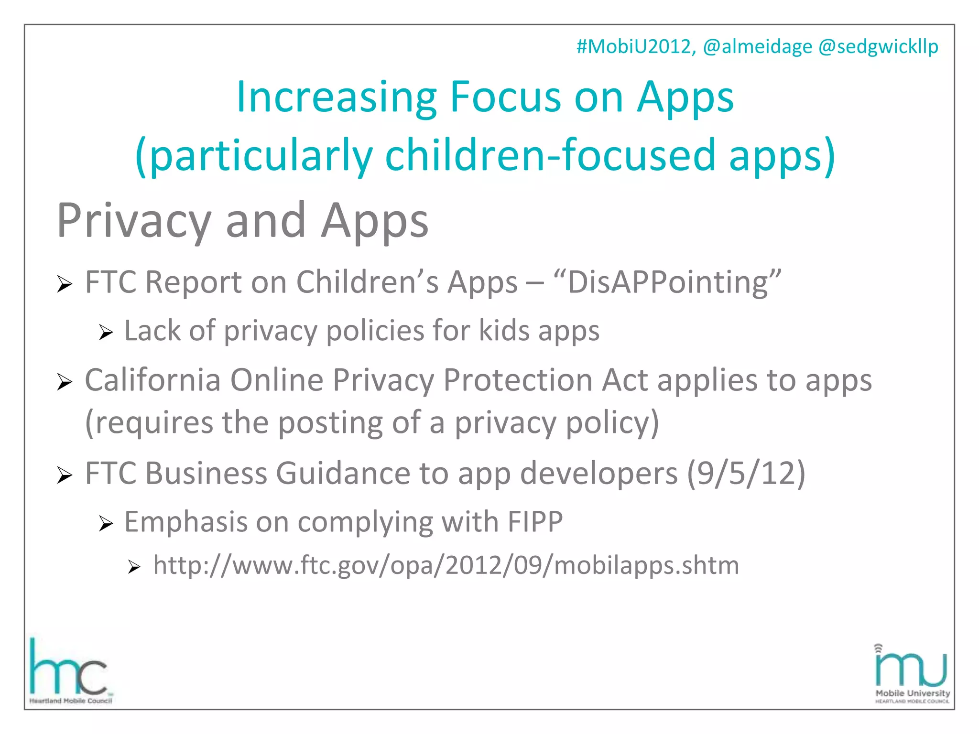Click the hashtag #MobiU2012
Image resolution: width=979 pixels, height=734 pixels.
point(635,47)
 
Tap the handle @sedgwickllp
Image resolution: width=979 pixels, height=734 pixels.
point(878,47)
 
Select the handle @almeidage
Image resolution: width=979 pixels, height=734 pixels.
point(757,47)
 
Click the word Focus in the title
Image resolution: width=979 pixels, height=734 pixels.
point(505,97)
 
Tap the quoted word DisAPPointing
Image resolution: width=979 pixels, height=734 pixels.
point(667,282)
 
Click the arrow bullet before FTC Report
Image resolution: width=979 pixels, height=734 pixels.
point(64,284)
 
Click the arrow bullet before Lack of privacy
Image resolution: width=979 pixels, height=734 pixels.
point(105,332)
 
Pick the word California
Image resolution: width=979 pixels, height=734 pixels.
point(152,380)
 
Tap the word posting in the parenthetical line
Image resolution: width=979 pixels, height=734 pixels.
point(330,422)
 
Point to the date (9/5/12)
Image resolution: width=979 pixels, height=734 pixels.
point(746,473)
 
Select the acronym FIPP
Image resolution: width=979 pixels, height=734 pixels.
point(535,521)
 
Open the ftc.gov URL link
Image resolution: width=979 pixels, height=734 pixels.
point(446,565)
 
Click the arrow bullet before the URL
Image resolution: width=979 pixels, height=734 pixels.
point(134,567)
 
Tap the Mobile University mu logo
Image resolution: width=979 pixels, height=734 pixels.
point(911,674)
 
